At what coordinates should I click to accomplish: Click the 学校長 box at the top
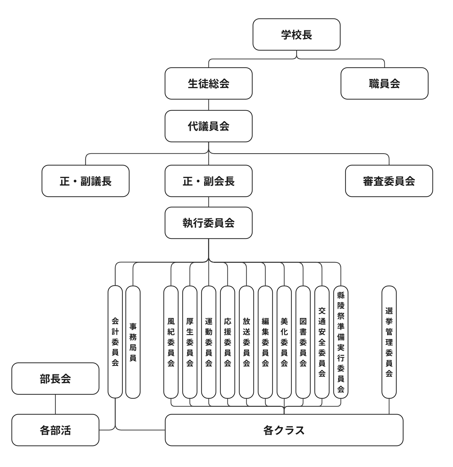pos(296,34)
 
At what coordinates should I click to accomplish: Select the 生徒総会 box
pos(208,84)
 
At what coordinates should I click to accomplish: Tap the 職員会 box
pos(384,84)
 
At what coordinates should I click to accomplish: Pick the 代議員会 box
pos(208,126)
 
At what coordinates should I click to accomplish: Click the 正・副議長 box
pos(85,181)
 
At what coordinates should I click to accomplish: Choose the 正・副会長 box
pos(208,181)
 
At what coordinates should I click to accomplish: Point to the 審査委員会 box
pos(389,181)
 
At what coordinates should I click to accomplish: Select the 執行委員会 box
pos(208,223)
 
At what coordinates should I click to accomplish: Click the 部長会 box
pos(55,379)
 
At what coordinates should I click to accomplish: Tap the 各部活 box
pos(55,430)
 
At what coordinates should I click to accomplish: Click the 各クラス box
pos(284,430)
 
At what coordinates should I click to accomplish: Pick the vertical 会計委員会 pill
pos(115,342)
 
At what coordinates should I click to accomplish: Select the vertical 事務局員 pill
pos(133,342)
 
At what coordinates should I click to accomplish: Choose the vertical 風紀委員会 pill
pos(171,342)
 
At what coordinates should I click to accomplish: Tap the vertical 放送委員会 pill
pos(246,342)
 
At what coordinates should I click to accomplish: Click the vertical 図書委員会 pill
pos(303,342)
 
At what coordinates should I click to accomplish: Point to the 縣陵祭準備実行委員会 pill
pos(341,342)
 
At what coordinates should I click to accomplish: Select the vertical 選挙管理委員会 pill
pos(389,342)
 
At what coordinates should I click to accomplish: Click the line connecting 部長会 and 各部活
pos(55,404)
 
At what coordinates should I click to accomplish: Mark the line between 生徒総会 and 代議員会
pos(209,105)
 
